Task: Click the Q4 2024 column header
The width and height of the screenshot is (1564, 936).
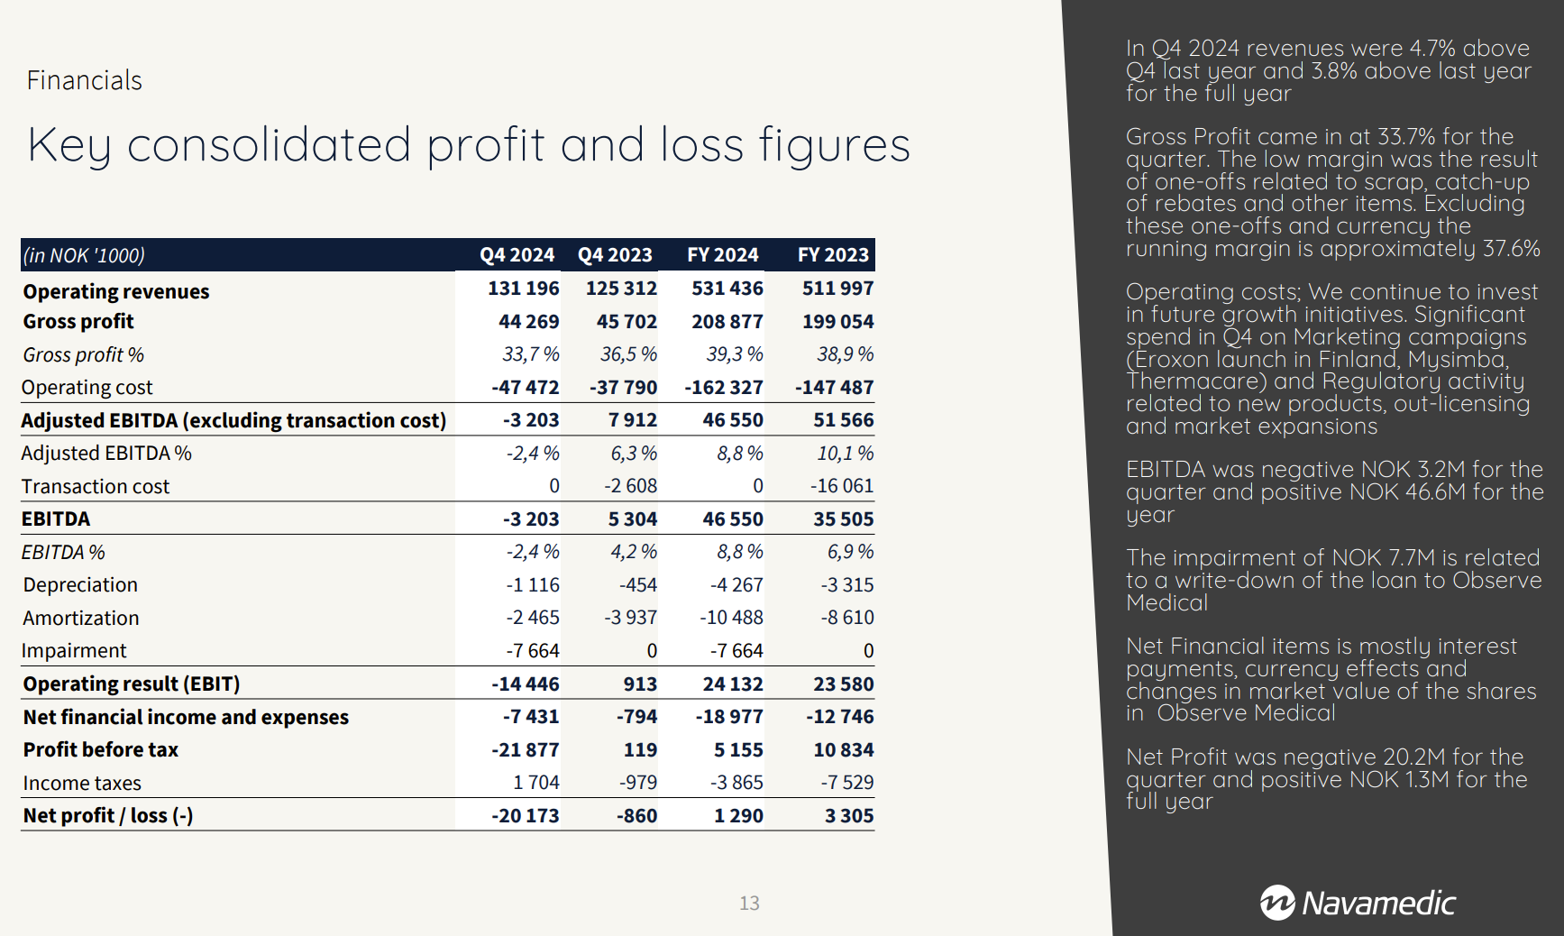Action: pos(517,255)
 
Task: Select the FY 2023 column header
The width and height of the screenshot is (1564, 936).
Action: pos(833,255)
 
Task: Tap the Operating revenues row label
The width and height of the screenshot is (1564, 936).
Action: pos(116,291)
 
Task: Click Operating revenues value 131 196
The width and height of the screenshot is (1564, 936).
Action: pos(524,289)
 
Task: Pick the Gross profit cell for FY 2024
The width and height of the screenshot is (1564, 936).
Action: pos(727,322)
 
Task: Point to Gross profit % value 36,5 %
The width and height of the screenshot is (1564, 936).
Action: pos(628,354)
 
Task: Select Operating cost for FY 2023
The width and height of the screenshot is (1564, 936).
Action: pos(835,388)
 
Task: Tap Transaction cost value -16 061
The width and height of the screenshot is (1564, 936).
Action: pos(842,486)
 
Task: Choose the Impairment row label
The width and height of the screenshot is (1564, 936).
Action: pos(74,651)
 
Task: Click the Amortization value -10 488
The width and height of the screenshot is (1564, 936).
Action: pos(731,618)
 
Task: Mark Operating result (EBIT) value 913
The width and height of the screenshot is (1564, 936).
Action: pos(640,684)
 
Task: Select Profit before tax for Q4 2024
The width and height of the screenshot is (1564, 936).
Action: pos(526,750)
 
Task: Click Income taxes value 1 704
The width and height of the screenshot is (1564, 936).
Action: pos(536,783)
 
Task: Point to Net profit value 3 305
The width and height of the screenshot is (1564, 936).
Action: pos(849,816)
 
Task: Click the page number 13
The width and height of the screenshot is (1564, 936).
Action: pos(749,904)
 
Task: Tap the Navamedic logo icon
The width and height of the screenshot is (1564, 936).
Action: pos(1277,903)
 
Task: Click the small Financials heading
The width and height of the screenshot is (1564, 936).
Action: pos(85,81)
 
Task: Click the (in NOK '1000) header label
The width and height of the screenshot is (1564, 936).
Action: pos(84,256)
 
